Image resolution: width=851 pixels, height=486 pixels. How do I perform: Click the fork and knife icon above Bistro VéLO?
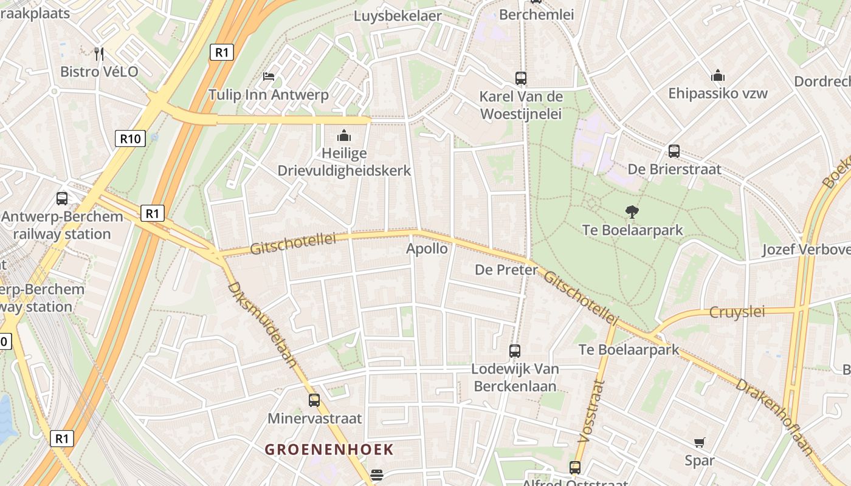click(99, 54)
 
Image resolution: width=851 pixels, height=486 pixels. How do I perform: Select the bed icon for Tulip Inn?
click(269, 77)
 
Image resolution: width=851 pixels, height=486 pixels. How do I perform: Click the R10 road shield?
click(130, 139)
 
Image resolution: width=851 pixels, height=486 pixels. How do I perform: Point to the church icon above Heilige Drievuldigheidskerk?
click(344, 135)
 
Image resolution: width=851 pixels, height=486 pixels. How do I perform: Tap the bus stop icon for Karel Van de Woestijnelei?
click(520, 78)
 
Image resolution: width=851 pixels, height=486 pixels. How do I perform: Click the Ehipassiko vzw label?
click(718, 94)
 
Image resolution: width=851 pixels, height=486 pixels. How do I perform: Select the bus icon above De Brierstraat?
click(674, 151)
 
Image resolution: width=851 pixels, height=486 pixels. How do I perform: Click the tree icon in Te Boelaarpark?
click(632, 212)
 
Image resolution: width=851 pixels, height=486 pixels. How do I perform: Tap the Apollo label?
click(427, 248)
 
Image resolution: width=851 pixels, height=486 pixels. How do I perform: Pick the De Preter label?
click(506, 270)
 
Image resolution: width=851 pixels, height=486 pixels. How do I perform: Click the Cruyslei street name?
click(737, 312)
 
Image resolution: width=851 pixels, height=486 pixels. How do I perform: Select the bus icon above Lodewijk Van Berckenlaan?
click(514, 351)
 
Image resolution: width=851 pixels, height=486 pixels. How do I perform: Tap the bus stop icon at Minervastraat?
click(314, 400)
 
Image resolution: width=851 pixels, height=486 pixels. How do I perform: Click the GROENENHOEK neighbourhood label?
click(329, 450)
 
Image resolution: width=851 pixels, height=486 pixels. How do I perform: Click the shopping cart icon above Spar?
click(700, 443)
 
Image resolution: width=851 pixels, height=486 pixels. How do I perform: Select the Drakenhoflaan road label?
click(774, 416)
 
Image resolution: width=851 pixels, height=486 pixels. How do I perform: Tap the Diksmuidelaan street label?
click(263, 325)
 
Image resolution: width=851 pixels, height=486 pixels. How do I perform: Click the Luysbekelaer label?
click(398, 16)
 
